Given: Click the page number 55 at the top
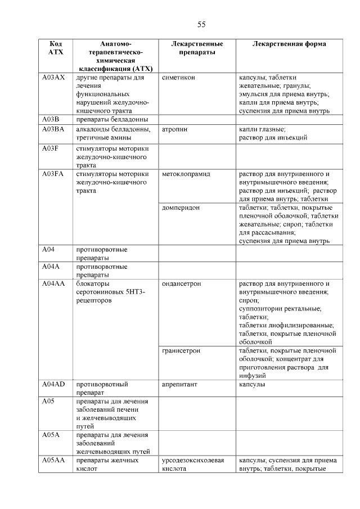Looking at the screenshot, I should coord(201,24).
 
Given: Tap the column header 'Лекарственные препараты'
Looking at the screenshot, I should coord(197,48).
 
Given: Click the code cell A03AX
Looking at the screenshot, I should coord(55,78).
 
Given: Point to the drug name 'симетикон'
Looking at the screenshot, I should coord(178,78).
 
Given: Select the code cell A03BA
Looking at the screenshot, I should coord(55,129).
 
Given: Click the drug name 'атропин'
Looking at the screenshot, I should coord(175,129).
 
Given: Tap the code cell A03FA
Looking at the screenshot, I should coord(55,174).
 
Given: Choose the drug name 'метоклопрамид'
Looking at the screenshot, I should coord(186,174).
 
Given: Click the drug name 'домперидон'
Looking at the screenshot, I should coord(180,208).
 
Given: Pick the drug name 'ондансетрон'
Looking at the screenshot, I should coord(181,284).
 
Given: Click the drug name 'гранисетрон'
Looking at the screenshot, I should coord(181,351).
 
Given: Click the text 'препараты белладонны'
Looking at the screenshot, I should coord(111,119).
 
